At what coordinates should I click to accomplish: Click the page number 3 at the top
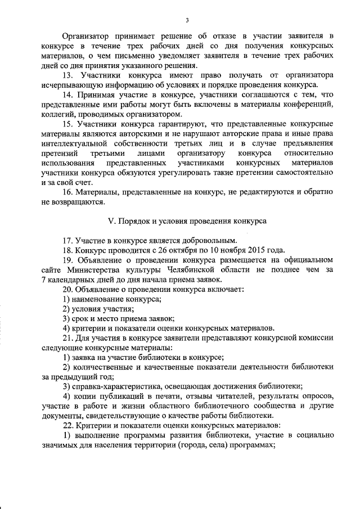[187, 21]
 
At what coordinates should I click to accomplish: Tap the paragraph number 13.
[67, 74]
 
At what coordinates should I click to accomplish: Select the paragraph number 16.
[67, 192]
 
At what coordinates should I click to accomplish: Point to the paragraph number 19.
[67, 260]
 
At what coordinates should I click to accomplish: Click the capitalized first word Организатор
[87, 35]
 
